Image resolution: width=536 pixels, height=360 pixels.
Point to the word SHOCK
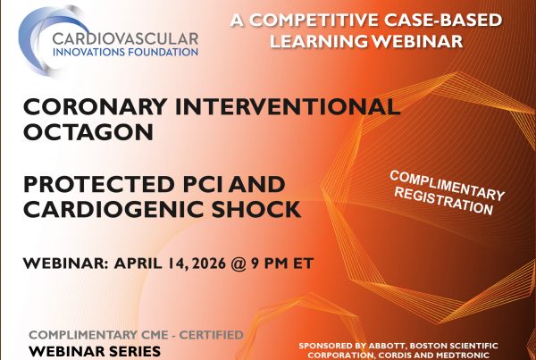tap(264, 213)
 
